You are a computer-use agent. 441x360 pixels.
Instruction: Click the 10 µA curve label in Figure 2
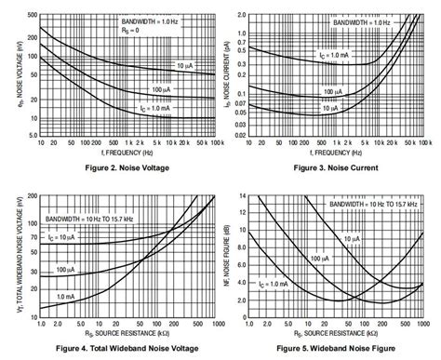pos(185,66)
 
